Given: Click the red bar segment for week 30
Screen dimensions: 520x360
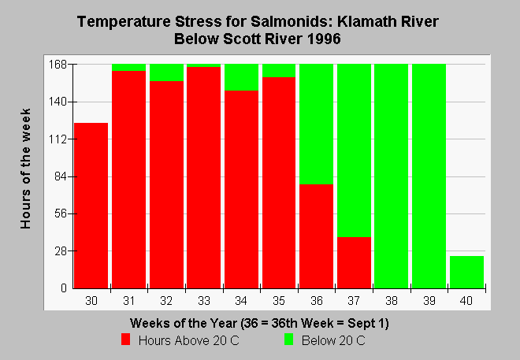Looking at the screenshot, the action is [x=91, y=206].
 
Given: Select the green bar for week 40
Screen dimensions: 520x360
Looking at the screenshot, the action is [x=466, y=272].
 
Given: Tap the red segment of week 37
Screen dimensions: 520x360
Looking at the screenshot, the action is [x=355, y=262].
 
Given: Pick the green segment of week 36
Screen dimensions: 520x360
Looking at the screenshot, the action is [x=317, y=124].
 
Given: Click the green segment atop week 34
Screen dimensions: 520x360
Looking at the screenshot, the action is [x=241, y=77].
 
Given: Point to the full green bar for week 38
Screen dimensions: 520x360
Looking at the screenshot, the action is [x=392, y=176].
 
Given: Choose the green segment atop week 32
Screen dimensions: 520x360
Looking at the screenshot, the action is [x=166, y=72].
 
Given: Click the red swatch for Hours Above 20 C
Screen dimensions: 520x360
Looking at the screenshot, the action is [x=126, y=340].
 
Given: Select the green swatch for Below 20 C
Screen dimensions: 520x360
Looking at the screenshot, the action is [x=289, y=340].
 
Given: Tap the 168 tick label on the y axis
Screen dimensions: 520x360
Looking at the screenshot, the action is [x=58, y=65].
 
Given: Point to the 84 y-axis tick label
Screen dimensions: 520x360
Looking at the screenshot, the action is [x=61, y=176].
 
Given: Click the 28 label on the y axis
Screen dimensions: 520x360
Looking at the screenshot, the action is [x=61, y=251].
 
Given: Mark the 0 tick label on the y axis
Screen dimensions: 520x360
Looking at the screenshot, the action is [x=64, y=288].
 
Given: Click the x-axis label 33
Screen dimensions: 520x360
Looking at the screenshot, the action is [x=204, y=301].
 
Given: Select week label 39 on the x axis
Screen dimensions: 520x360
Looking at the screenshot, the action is [x=429, y=301].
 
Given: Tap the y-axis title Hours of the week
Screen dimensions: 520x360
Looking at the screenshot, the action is [x=25, y=169].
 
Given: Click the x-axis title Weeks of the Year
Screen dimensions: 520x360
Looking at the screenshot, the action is [x=184, y=323].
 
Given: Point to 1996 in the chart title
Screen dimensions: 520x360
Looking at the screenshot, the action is [x=324, y=39].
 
